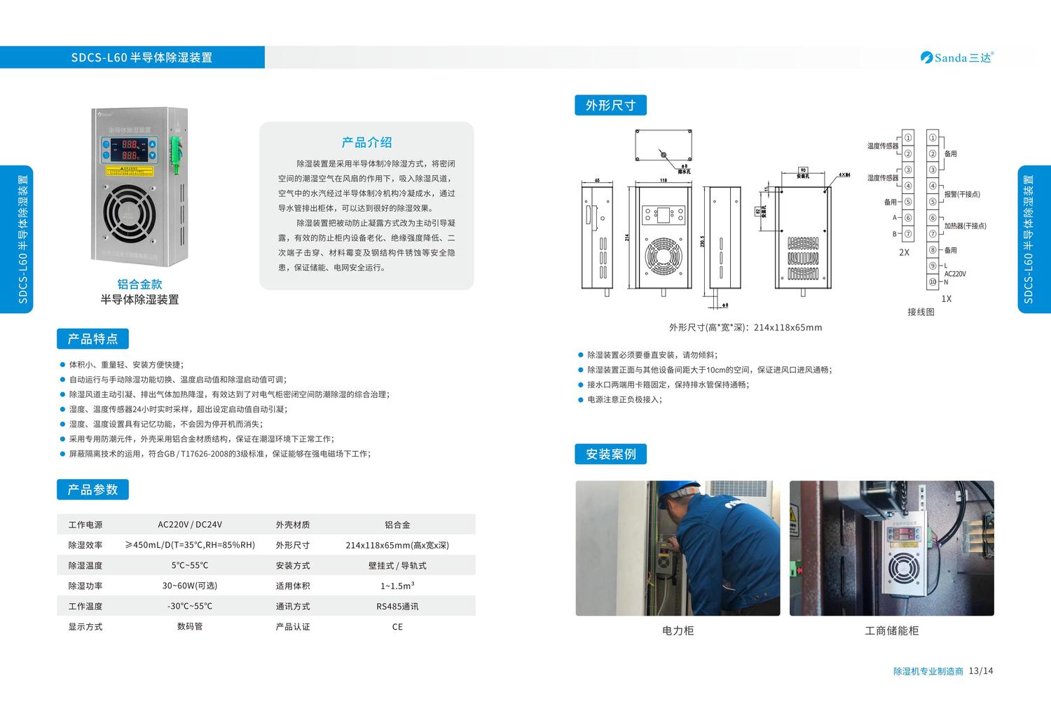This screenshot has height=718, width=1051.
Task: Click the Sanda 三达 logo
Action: click(956, 57)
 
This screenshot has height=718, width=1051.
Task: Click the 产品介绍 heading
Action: click(366, 142)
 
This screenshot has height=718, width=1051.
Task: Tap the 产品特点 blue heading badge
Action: click(92, 339)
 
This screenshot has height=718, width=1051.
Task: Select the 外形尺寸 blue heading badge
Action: click(610, 105)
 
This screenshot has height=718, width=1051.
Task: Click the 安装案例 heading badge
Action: click(610, 454)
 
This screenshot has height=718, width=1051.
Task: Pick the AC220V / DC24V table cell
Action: click(190, 525)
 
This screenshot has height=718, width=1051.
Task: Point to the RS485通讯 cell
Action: click(397, 607)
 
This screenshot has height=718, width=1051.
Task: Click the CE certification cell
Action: click(397, 627)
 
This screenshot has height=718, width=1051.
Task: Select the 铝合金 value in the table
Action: click(397, 525)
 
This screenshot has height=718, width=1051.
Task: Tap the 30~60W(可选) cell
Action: click(190, 586)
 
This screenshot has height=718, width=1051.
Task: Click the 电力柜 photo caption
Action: click(678, 630)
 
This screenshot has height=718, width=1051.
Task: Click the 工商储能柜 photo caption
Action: click(891, 630)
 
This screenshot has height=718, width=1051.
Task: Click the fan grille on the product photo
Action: click(130, 210)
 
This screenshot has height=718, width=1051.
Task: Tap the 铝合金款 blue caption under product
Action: click(139, 284)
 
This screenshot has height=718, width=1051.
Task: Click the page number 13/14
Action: click(981, 671)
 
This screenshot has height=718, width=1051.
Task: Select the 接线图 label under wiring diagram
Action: click(921, 312)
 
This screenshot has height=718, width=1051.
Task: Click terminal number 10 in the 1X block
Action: click(933, 282)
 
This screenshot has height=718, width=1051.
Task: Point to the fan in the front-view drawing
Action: click(663, 256)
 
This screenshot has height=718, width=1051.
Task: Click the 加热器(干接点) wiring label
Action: click(965, 226)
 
